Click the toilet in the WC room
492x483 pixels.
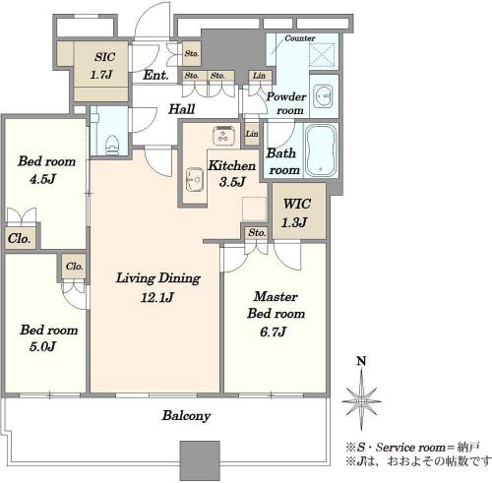[x=112, y=145]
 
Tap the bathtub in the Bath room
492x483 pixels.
[x=321, y=151]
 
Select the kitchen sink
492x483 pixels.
[x=195, y=180]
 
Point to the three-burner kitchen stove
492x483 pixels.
[x=224, y=135]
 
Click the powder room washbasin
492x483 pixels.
[x=324, y=95]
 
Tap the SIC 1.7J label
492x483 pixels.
[x=102, y=66]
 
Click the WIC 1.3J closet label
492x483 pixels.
[x=295, y=213]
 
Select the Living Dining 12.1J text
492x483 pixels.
[x=158, y=287]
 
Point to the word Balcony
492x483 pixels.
[x=186, y=416]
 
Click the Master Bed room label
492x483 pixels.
[x=276, y=314]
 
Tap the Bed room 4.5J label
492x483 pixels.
[x=46, y=170]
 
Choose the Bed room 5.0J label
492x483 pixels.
[x=48, y=337]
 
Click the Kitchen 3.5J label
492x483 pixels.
[x=232, y=173]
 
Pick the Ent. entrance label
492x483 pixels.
[x=155, y=75]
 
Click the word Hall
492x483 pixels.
[x=182, y=109]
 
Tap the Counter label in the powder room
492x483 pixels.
[x=300, y=38]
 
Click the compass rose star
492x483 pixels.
[x=361, y=400]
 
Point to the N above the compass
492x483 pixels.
[x=361, y=361]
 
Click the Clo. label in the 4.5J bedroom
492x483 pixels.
[x=20, y=238]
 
